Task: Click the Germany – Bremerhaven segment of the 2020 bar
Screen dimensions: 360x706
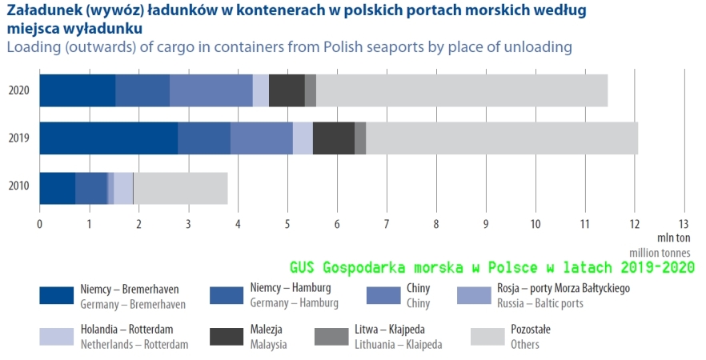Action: (77, 90)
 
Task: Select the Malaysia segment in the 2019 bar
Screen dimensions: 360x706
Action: (333, 138)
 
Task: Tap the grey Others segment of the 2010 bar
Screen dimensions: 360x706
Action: (181, 187)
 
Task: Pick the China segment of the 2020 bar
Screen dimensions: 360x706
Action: (211, 90)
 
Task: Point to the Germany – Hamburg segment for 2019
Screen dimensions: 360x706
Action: (203, 138)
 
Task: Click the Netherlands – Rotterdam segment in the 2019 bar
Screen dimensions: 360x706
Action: (302, 138)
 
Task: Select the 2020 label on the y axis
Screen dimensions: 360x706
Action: (18, 90)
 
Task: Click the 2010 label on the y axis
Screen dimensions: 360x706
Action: (18, 187)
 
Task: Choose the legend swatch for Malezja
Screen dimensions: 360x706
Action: (227, 336)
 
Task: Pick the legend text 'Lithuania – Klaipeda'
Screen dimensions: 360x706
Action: (397, 345)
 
